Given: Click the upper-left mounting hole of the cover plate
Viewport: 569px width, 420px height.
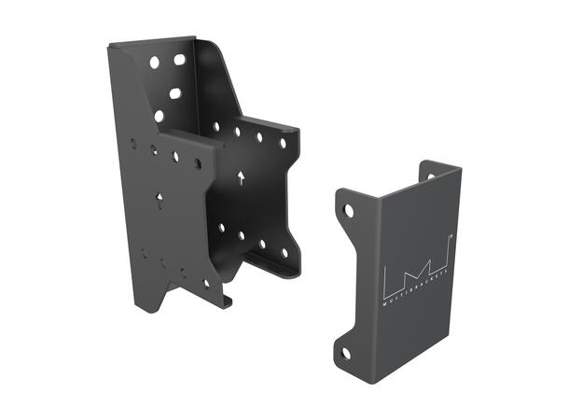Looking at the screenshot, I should (349, 211).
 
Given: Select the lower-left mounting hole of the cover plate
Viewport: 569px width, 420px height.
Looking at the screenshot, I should (345, 354).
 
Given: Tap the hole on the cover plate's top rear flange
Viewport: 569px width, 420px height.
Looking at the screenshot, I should (431, 175).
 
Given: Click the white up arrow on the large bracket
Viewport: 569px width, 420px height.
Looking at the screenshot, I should (241, 176).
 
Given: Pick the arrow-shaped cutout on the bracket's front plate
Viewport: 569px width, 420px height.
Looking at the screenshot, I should (160, 198).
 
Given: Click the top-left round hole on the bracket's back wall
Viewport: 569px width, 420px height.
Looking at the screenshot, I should (155, 63).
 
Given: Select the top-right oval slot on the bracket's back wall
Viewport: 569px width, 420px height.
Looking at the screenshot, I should (179, 60).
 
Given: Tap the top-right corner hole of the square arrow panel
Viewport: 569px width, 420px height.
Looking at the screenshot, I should (283, 143).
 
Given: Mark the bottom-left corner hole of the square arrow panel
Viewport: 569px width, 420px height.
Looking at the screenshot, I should (221, 227).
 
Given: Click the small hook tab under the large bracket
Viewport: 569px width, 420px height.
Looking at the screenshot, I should (228, 301).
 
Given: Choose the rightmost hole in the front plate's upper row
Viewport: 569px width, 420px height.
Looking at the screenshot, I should (197, 164).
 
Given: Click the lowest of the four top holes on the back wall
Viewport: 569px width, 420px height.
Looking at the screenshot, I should (159, 117).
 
